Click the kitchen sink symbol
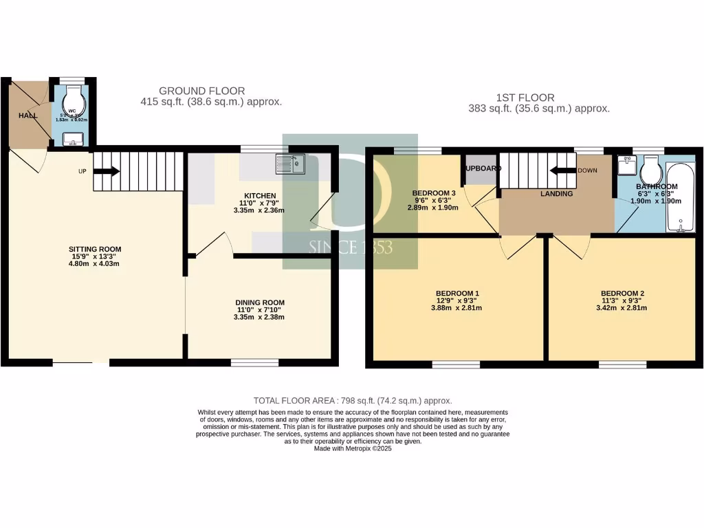click(x=290, y=164)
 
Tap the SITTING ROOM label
click(x=91, y=249)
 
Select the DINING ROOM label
click(x=259, y=302)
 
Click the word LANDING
click(x=556, y=194)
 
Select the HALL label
click(x=28, y=115)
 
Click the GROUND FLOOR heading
click(x=201, y=91)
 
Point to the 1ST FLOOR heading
click(x=525, y=98)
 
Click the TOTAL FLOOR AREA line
click(x=352, y=400)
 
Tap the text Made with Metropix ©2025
click(x=352, y=448)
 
